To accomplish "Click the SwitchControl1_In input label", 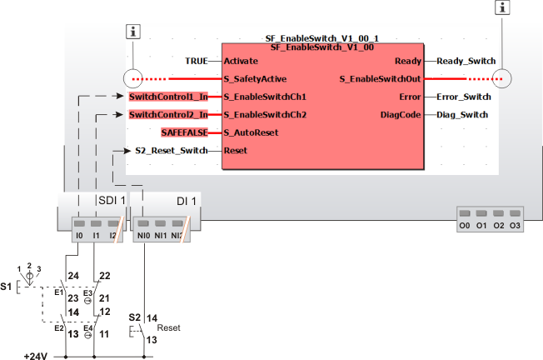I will (168, 97).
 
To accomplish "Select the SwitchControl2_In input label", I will (168, 114).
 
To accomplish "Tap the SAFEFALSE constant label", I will (184, 132).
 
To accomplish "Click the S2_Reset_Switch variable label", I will (171, 151).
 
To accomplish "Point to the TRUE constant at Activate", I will (197, 61).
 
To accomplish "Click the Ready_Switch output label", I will (466, 61).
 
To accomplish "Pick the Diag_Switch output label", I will (462, 114).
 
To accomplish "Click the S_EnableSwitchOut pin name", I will (381, 79).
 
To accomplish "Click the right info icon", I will (501, 7).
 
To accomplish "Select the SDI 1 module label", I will (112, 201).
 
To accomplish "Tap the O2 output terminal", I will (498, 226).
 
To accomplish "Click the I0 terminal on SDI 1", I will (79, 236).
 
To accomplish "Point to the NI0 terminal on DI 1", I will (142, 236).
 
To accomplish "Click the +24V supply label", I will (35, 355).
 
